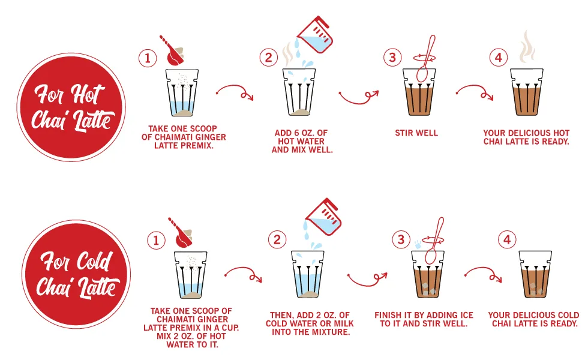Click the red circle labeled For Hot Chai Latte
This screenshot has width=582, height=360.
point(71,107)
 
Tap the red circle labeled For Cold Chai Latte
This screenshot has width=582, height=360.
point(76,274)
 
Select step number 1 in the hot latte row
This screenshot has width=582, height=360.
point(148,58)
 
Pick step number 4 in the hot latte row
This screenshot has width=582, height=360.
point(499,57)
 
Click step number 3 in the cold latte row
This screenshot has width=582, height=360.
point(401,239)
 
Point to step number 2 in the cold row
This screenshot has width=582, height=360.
point(277,239)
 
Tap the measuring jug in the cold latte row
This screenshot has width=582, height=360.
point(323,217)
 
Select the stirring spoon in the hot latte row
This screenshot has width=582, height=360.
point(426,59)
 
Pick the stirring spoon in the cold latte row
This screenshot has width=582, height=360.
point(434,241)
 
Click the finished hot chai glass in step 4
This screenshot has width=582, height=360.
point(527,92)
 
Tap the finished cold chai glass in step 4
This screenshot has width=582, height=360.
point(535,274)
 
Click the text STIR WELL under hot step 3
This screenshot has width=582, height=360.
point(416,133)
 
